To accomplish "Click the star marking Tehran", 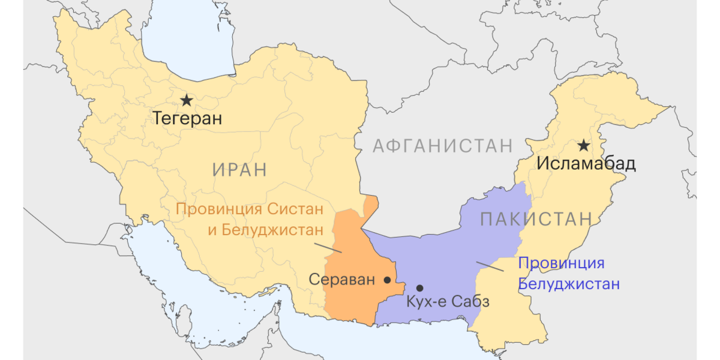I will click(x=187, y=100).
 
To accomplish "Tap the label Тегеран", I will click(x=187, y=118).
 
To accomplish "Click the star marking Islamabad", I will click(x=583, y=145).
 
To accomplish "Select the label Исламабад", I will click(x=586, y=163).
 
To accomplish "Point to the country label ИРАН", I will click(x=239, y=169).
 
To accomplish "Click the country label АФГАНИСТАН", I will click(x=443, y=145).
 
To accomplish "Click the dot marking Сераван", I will click(x=387, y=280).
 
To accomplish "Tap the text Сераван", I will click(x=341, y=280).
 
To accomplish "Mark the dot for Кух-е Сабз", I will click(x=420, y=288).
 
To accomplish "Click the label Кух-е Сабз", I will click(x=448, y=302).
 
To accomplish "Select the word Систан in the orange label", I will click(x=292, y=210).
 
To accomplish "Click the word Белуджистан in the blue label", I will click(x=568, y=284).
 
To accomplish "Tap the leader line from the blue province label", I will click(x=490, y=266).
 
